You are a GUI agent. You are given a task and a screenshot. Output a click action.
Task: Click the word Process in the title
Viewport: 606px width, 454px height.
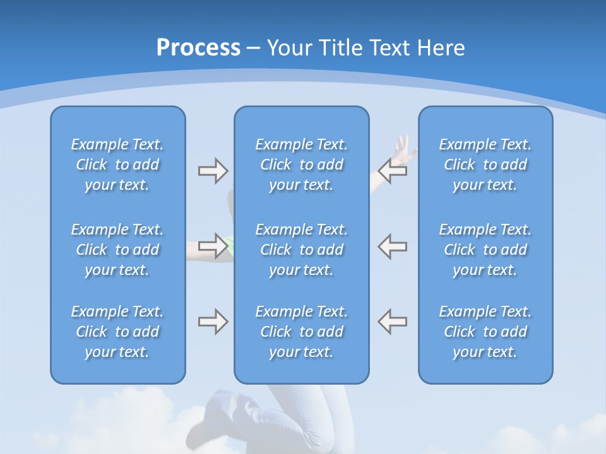click(198, 48)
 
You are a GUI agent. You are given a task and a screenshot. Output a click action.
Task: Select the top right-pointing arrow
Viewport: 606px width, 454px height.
click(213, 171)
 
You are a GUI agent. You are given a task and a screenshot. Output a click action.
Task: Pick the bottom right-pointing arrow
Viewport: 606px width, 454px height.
click(213, 322)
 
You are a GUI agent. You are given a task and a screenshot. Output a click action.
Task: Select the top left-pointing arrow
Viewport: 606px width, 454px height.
click(393, 171)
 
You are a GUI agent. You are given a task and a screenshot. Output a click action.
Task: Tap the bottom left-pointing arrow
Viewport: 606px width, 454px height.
click(393, 322)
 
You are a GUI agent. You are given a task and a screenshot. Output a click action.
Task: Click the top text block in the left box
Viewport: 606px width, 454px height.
click(117, 165)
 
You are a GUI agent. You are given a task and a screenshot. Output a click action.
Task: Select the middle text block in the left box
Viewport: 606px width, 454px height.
click(117, 250)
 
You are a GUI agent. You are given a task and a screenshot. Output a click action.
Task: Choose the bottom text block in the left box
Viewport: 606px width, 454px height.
click(117, 332)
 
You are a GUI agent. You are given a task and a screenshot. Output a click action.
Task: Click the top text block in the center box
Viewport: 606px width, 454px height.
click(302, 165)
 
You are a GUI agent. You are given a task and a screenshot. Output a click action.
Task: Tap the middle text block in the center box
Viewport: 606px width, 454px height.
click(302, 250)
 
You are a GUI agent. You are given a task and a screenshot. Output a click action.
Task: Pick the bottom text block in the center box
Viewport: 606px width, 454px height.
click(302, 332)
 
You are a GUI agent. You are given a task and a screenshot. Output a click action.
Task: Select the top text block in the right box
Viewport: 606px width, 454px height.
click(485, 165)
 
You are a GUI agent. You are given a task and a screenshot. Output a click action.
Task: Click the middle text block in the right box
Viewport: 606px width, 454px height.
click(485, 250)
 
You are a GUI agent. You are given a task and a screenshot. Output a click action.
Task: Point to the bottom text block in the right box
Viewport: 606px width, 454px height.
click(485, 332)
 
